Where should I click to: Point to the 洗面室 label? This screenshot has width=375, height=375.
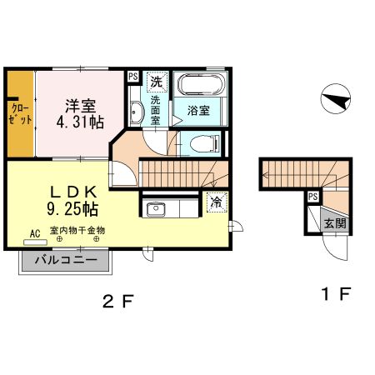click(156, 109)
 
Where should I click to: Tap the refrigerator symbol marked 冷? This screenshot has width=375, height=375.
click(216, 202)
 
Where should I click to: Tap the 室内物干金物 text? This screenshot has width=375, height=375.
click(77, 231)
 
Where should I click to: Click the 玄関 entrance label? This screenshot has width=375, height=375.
click(335, 222)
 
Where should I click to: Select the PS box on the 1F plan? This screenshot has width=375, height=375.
click(312, 197)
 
